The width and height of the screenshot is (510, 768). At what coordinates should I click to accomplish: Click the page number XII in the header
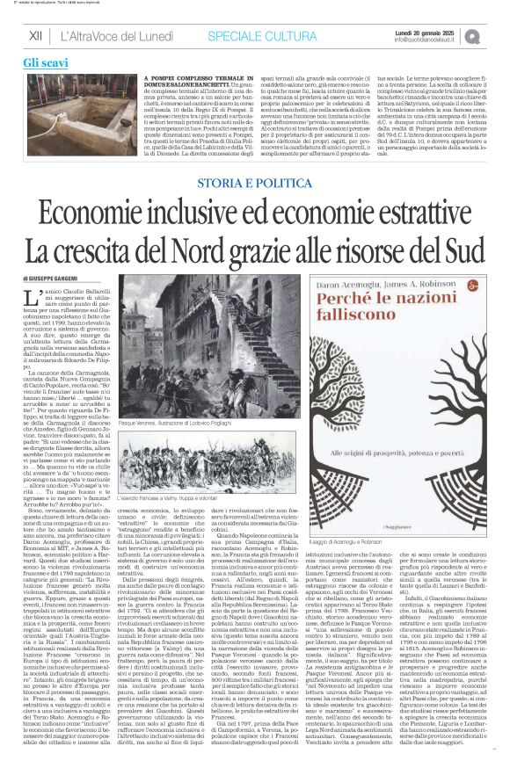(x=36, y=35)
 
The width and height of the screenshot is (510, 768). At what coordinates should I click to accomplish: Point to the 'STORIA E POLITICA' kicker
(x=255, y=182)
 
